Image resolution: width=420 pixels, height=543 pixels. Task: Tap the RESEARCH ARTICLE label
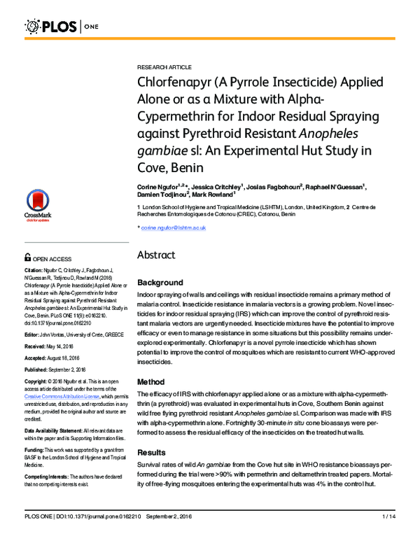(x=164, y=67)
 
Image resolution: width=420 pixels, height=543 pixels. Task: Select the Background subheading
(x=160, y=283)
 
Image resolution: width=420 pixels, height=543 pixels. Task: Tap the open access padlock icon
(x=28, y=258)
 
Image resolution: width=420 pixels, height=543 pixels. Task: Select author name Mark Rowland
(x=209, y=196)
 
